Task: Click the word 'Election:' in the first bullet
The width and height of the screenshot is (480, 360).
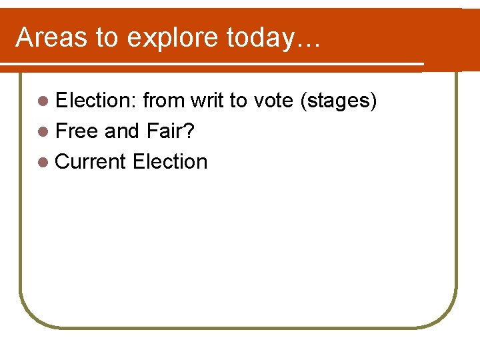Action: [x=96, y=101]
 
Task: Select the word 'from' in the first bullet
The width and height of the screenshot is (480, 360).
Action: [x=163, y=101]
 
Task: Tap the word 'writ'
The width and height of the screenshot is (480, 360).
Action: [x=207, y=101]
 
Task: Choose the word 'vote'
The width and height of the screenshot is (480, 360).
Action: [x=272, y=101]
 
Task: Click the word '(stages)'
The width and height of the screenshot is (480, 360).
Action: [x=339, y=101]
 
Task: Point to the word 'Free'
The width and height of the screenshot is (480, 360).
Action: [x=77, y=131]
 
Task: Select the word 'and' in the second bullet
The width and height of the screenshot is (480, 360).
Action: [x=121, y=131]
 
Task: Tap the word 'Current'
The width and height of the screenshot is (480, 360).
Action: [x=91, y=161]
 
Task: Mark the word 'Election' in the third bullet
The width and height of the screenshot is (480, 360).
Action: [x=170, y=161]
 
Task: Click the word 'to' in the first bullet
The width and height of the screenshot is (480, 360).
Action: [x=238, y=101]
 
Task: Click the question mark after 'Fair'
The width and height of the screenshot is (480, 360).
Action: [x=189, y=131]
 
